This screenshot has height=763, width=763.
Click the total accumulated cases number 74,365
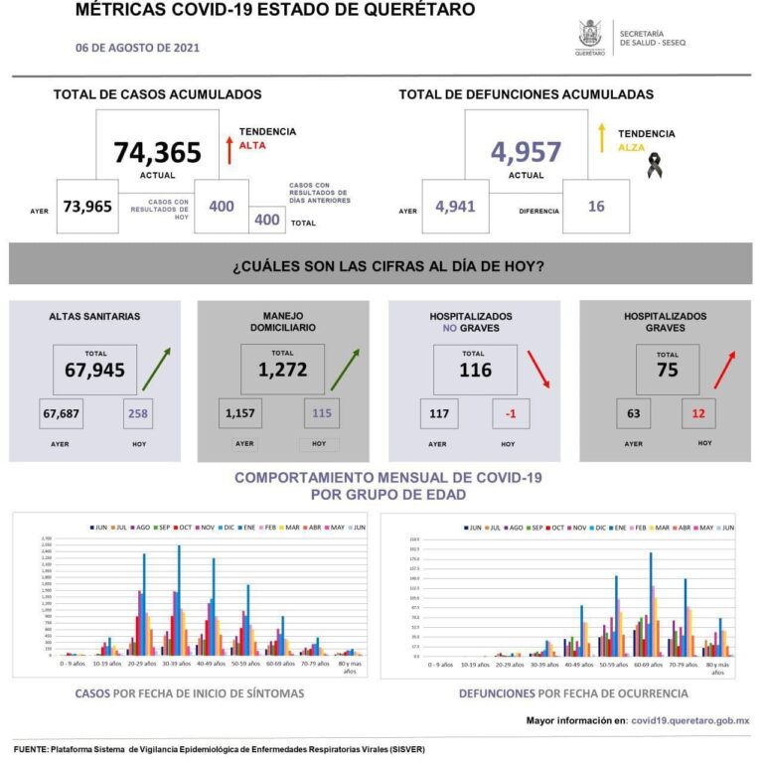pyautogui.click(x=157, y=152)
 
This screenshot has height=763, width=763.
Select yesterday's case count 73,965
pyautogui.click(x=87, y=207)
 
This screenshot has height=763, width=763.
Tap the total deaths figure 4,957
pyautogui.click(x=526, y=152)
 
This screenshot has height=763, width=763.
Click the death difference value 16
pyautogui.click(x=596, y=207)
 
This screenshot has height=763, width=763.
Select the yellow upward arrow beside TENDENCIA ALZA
pyautogui.click(x=601, y=139)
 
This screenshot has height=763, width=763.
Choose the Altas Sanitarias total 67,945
pyautogui.click(x=95, y=371)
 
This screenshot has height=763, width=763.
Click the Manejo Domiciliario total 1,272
pyautogui.click(x=283, y=371)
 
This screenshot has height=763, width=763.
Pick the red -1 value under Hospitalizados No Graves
pyautogui.click(x=508, y=412)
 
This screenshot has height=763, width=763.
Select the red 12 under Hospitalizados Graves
pyautogui.click(x=699, y=412)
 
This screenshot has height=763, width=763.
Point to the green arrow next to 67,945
pyautogui.click(x=156, y=370)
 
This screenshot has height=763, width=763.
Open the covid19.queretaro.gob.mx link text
pyautogui.click(x=690, y=719)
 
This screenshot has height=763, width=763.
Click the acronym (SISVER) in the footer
pyautogui.click(x=402, y=749)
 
